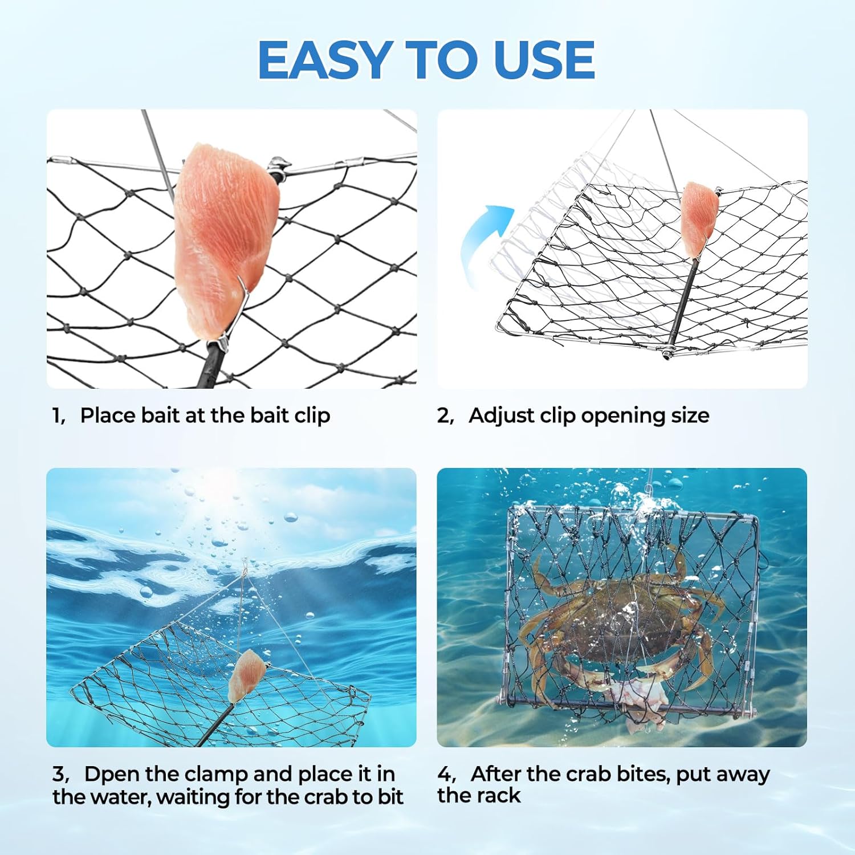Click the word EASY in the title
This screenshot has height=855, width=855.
323,60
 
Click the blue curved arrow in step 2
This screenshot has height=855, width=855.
484,242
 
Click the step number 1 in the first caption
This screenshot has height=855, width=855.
58,416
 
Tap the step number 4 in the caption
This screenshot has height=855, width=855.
445,774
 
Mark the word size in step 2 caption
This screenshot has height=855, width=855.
690,416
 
